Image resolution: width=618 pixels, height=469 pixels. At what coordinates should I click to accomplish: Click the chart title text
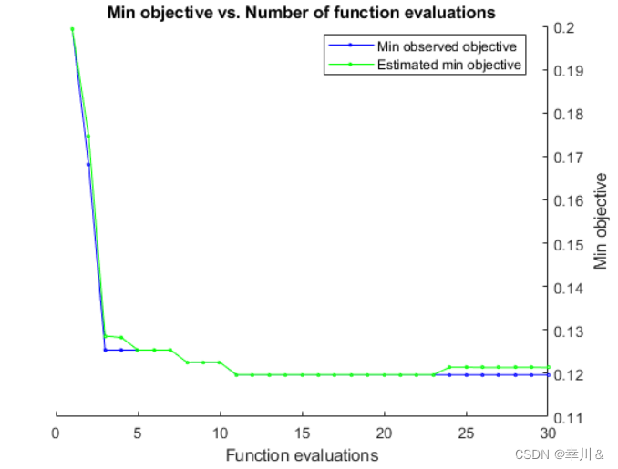(x=301, y=13)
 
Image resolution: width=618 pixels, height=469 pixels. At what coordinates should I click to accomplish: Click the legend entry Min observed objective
(x=447, y=46)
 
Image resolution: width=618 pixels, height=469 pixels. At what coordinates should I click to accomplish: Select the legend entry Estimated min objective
(x=448, y=65)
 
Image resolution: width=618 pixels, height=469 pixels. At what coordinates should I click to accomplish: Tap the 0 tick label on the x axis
(x=56, y=433)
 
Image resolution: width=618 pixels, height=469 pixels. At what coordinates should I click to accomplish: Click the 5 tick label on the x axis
(x=138, y=433)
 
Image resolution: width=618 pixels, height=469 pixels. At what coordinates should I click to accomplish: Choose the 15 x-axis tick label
(x=302, y=433)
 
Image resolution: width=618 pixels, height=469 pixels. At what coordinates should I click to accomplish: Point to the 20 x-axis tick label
(x=384, y=433)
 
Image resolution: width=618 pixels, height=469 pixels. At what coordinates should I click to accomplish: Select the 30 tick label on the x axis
(x=548, y=433)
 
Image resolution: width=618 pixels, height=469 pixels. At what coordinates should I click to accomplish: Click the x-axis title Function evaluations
(x=302, y=454)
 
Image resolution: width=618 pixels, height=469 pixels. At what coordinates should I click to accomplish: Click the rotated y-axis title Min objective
(x=601, y=222)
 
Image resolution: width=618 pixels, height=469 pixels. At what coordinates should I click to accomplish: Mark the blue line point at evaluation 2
(x=88, y=165)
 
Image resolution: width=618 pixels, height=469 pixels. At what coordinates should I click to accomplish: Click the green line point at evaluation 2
(x=88, y=137)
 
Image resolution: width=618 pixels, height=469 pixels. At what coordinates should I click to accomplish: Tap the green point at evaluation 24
(x=449, y=367)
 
